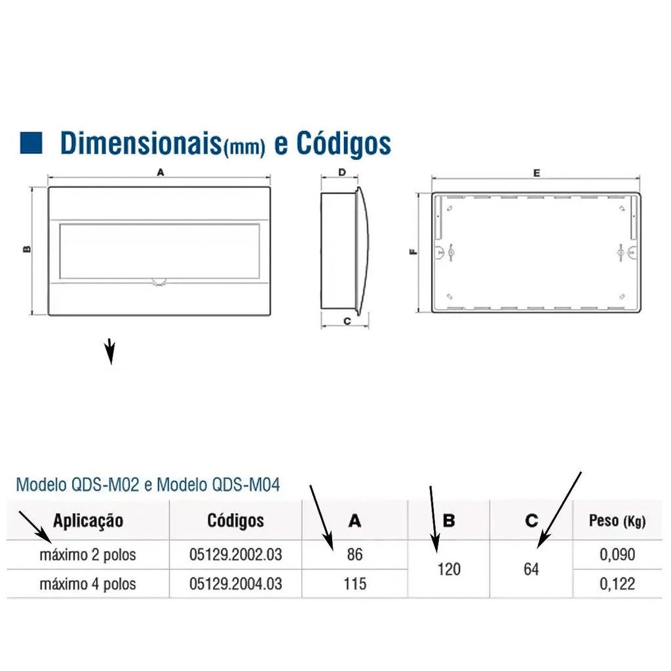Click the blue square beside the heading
pyautogui.click(x=31, y=142)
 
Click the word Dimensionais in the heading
pyautogui.click(x=142, y=143)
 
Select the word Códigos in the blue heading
pyautogui.click(x=343, y=144)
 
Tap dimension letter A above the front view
pyautogui.click(x=161, y=172)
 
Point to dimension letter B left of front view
pyautogui.click(x=26, y=249)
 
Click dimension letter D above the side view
pyautogui.click(x=342, y=172)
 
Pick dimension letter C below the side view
pyautogui.click(x=347, y=321)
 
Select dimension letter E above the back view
pyautogui.click(x=537, y=173)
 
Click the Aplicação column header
pyautogui.click(x=88, y=520)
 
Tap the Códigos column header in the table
pyautogui.click(x=235, y=520)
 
